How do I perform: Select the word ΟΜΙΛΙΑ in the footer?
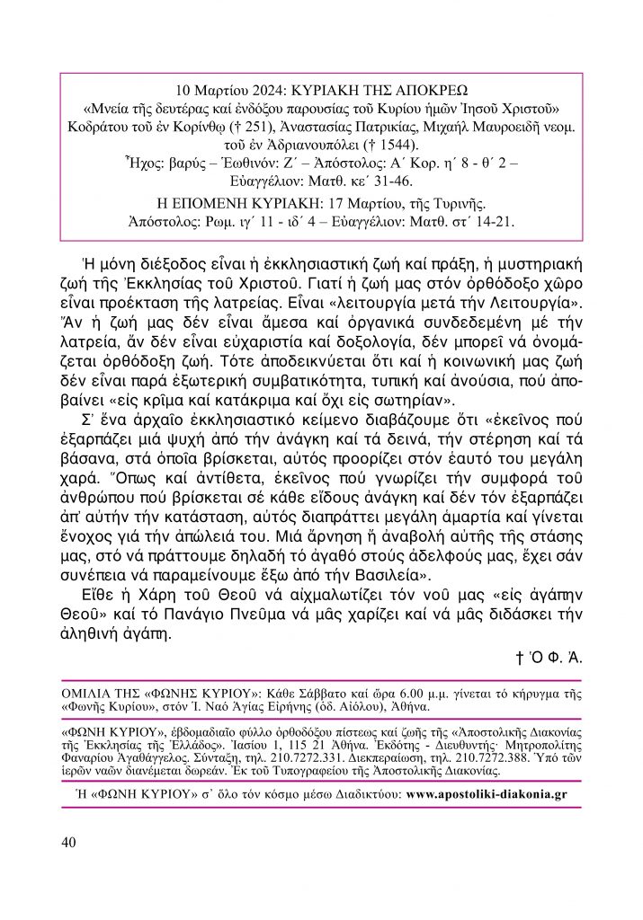coord(93,695)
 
